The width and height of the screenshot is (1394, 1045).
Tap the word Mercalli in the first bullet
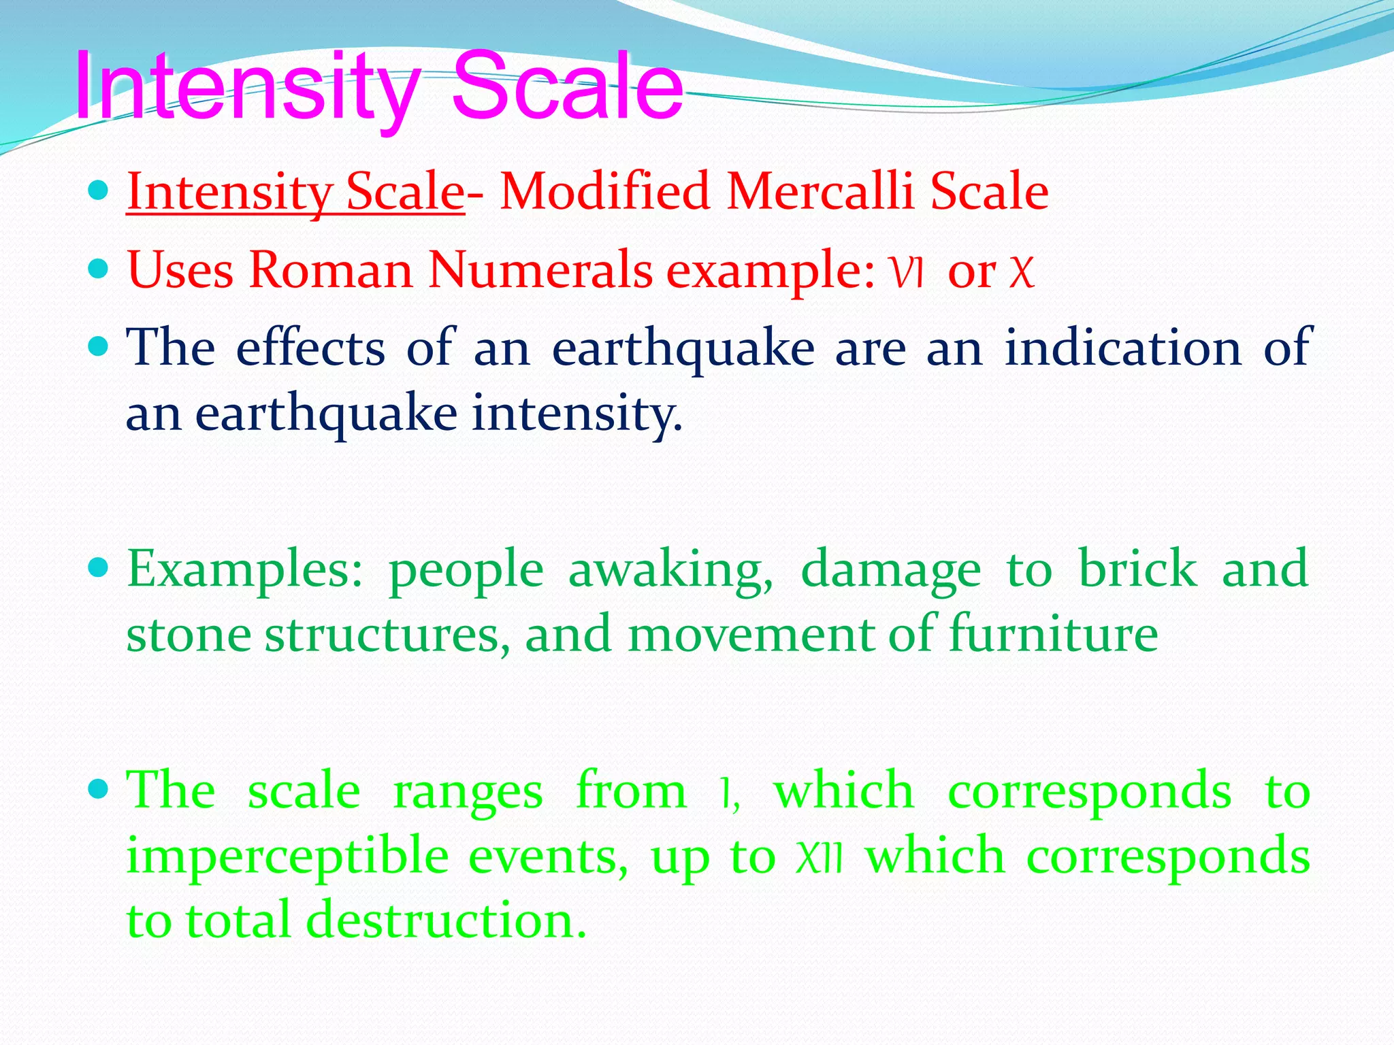[820, 191]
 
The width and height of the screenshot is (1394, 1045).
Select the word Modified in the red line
[605, 191]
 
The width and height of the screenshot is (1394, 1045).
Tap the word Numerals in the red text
[541, 270]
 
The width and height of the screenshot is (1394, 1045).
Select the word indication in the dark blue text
[1123, 348]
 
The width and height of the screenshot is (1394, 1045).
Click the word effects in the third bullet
[310, 348]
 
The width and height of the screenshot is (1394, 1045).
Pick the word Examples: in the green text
[246, 570]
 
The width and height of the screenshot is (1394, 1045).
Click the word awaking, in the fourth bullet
[671, 570]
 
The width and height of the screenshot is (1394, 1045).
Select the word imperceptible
[287, 857]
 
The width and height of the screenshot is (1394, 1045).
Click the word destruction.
[445, 920]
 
